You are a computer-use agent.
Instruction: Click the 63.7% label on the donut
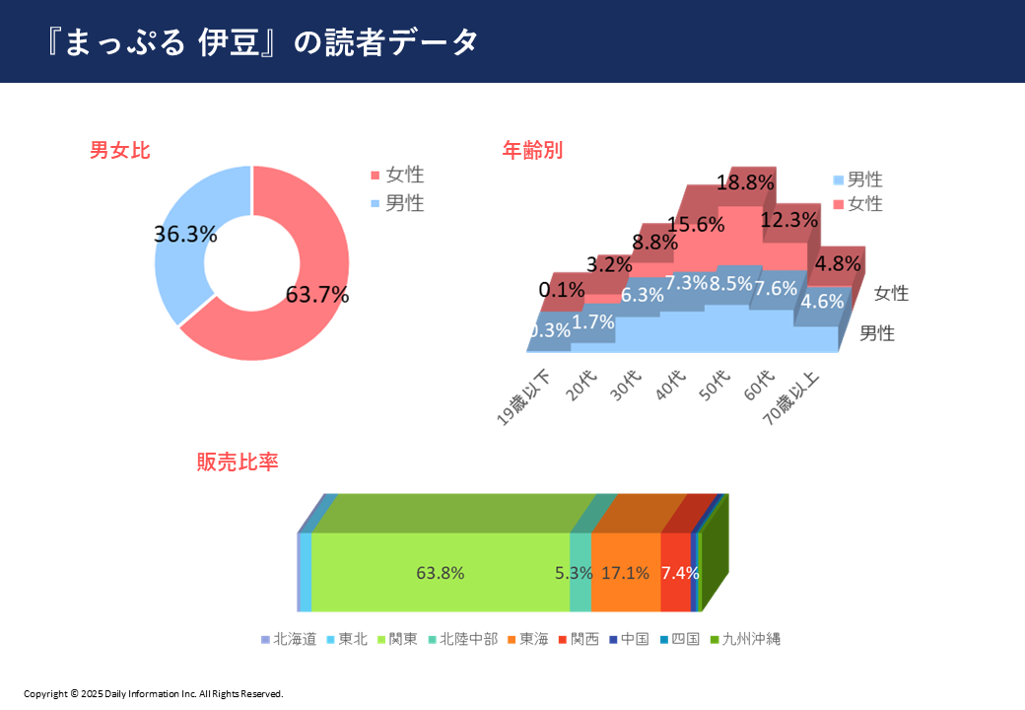coord(317,294)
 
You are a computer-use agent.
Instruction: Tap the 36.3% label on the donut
coord(185,234)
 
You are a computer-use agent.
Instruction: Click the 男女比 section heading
coord(120,151)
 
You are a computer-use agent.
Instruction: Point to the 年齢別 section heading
coord(532,151)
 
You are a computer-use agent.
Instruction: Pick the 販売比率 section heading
coord(238,462)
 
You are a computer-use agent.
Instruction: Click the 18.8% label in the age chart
coord(744,182)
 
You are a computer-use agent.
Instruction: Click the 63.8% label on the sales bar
coord(441,573)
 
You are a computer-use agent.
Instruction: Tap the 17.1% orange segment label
coord(625,573)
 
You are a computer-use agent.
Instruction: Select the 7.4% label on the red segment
coord(680,573)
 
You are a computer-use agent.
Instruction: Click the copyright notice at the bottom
coord(154,694)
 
